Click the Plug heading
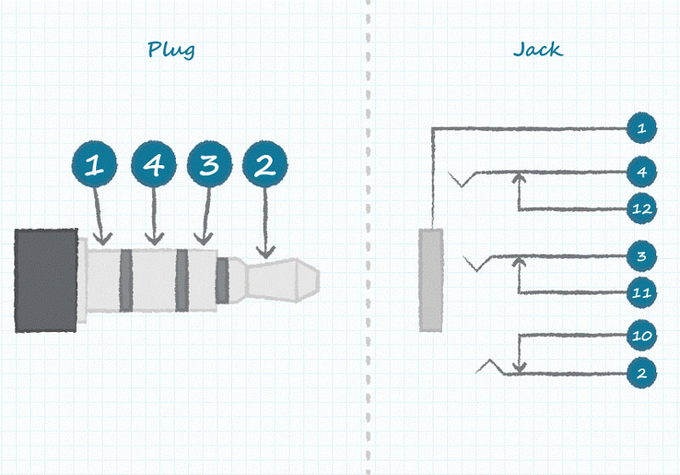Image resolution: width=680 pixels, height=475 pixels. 171,49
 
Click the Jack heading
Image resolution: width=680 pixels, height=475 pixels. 537,49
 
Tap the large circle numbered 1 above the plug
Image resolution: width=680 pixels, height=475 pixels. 97,165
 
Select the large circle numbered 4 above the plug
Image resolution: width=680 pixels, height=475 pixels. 154,165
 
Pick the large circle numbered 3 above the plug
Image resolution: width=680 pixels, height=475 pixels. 209,165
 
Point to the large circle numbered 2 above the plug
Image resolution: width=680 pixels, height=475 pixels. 265,165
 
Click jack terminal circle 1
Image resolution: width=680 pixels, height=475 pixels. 641,129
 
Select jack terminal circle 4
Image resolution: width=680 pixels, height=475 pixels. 641,172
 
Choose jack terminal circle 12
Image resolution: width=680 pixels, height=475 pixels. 641,208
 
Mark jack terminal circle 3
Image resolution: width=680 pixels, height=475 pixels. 641,255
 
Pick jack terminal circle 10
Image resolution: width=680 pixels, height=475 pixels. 641,335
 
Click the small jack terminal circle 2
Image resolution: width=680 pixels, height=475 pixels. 641,373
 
